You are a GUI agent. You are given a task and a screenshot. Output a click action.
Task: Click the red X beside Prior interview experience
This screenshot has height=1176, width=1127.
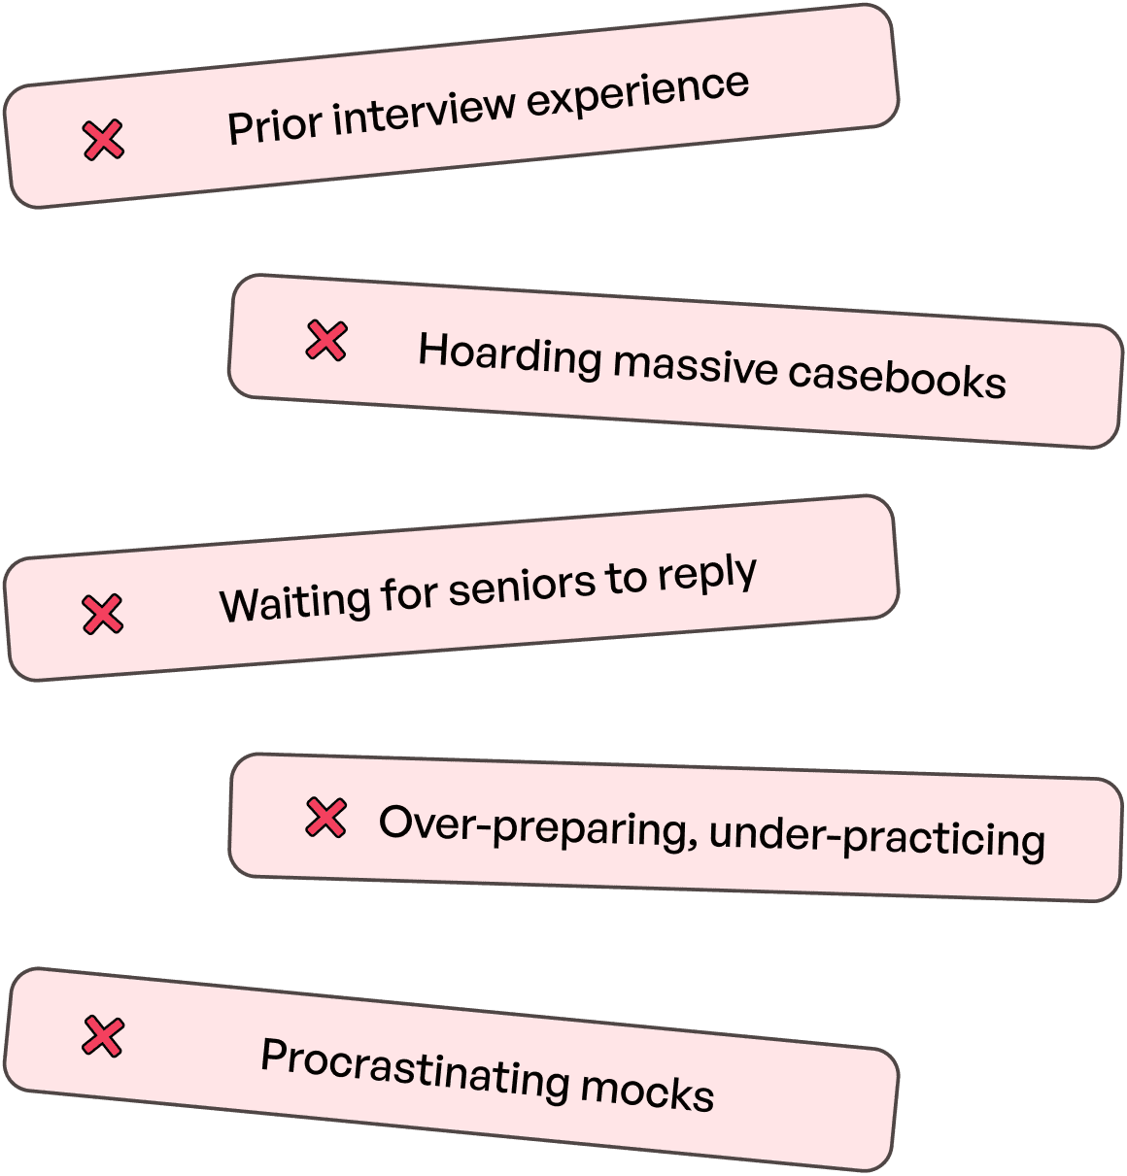coord(103,140)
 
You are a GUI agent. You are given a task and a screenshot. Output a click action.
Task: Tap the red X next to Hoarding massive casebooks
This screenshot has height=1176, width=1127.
coord(326,340)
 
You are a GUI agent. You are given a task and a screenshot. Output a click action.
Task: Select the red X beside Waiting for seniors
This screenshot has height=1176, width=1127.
coord(103,614)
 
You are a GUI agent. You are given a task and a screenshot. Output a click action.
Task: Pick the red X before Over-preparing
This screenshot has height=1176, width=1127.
coord(325,818)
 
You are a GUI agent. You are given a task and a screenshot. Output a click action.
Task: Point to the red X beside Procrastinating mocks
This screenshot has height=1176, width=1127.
coord(103,1036)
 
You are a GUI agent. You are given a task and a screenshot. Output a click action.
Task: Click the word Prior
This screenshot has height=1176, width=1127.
coord(274,124)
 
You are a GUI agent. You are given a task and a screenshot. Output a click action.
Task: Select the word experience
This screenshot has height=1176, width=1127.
coord(638,92)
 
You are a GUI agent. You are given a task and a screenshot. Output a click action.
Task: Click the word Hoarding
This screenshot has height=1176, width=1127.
coord(510,354)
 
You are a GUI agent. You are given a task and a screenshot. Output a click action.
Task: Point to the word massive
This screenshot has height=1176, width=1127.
coord(695,367)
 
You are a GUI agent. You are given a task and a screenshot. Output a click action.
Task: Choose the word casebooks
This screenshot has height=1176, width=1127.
coord(897,378)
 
